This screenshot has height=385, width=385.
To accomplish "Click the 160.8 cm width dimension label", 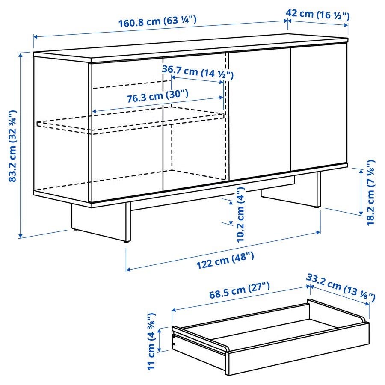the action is pos(157,21).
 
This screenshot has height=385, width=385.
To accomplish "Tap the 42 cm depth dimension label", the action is pos(317,15).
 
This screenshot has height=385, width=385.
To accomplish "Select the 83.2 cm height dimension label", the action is pos(12,146).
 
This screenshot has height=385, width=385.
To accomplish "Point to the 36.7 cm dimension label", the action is pos(197,72).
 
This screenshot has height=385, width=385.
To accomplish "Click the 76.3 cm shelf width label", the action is pos(157,96).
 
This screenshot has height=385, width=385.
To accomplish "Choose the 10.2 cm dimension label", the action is pos(240,214).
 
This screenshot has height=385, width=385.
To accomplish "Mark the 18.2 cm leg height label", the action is pos(371,192).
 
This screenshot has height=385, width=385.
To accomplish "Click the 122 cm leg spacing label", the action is pos(225,260).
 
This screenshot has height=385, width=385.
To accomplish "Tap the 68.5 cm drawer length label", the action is pos(240,290).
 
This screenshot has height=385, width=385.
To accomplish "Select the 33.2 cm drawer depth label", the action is pos(341,287).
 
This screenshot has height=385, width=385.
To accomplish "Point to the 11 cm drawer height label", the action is pos(151,341).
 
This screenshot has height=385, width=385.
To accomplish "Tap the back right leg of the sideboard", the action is pos(318,190).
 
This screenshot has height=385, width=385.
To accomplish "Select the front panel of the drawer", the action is pos(298,349).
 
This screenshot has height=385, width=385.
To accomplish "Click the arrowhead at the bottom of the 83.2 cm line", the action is pos(21,236).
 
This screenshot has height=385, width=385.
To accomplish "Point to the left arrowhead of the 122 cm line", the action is pos(129,269).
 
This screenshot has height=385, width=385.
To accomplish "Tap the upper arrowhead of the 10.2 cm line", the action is pos(231,203).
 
